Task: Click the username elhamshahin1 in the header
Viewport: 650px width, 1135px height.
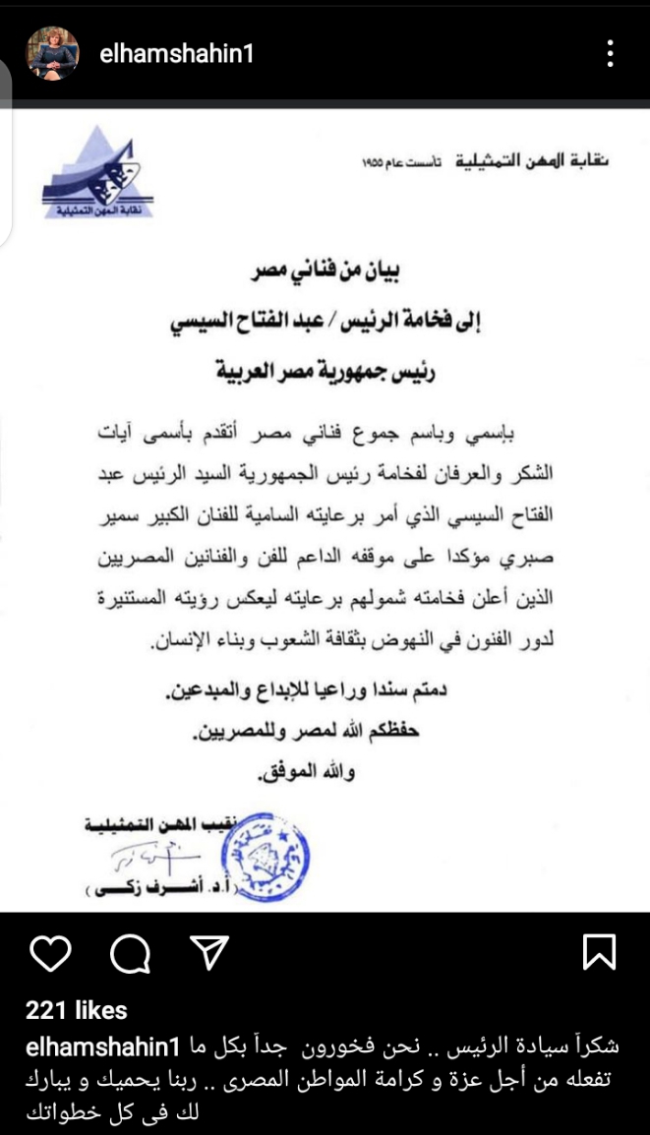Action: (x=176, y=53)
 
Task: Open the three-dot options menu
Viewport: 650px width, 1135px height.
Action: (x=611, y=52)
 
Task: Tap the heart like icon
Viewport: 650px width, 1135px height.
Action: (x=50, y=952)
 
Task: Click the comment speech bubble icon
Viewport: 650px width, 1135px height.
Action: (x=129, y=952)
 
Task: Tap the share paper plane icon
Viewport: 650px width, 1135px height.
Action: (x=207, y=952)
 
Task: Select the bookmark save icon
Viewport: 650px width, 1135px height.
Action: (x=599, y=951)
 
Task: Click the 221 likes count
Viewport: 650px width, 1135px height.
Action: (x=77, y=1009)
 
